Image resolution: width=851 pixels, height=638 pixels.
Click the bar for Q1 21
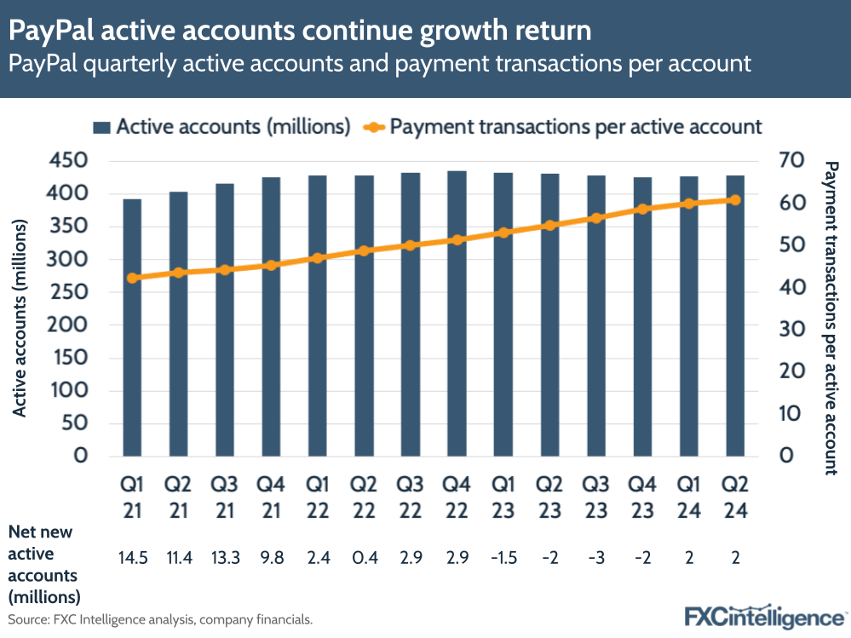[132, 327]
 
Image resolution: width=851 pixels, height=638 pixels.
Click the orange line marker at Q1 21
[132, 278]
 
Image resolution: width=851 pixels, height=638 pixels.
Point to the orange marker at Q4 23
[643, 209]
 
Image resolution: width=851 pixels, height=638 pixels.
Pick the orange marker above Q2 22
[364, 250]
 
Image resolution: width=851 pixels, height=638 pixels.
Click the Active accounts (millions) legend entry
[221, 127]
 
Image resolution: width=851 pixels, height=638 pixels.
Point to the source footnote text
[160, 619]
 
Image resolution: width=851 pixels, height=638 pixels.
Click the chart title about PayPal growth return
[300, 32]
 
